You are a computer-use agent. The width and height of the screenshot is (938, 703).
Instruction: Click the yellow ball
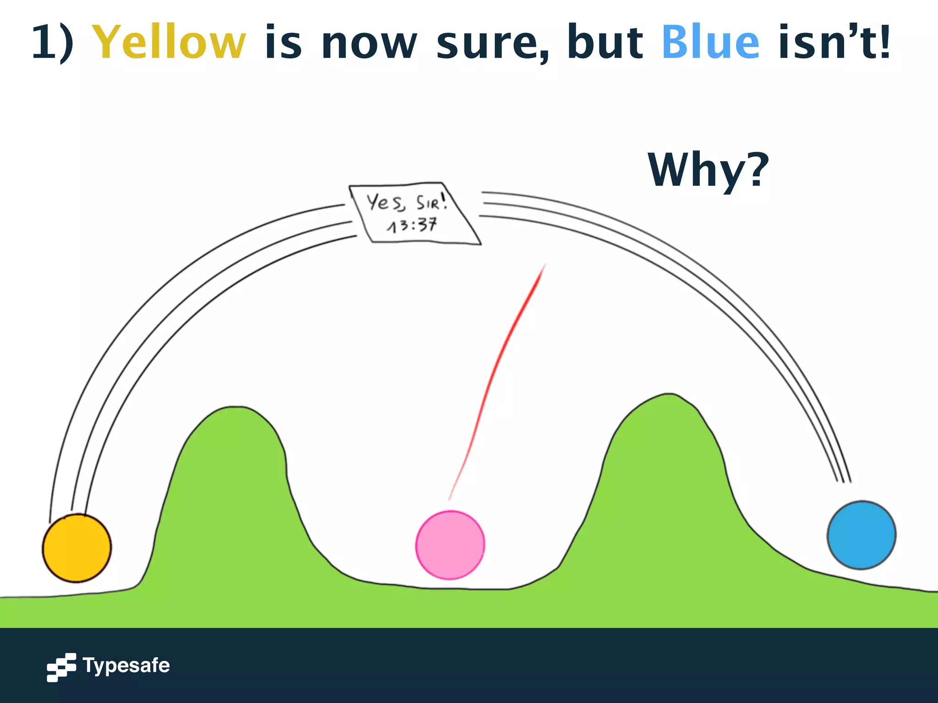pyautogui.click(x=77, y=548)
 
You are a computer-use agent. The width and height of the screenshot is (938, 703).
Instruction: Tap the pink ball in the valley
pyautogui.click(x=450, y=545)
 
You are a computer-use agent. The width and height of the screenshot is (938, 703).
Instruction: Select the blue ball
pyautogui.click(x=861, y=535)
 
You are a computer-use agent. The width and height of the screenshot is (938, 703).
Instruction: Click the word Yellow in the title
pyautogui.click(x=169, y=42)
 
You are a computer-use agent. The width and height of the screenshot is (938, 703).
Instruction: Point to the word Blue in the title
pyautogui.click(x=710, y=42)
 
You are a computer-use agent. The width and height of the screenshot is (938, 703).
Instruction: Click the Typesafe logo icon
pyautogui.click(x=61, y=667)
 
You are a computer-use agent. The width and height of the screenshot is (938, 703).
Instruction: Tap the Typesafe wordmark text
pyautogui.click(x=126, y=665)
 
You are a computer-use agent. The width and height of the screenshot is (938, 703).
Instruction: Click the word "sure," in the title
pyautogui.click(x=493, y=43)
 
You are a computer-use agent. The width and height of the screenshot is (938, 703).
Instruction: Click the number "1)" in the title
pyautogui.click(x=53, y=42)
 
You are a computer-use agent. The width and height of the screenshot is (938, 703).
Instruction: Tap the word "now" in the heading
pyautogui.click(x=369, y=44)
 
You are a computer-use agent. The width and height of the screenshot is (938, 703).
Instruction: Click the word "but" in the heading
pyautogui.click(x=605, y=42)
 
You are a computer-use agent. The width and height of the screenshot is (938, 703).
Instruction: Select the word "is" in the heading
pyautogui.click(x=283, y=42)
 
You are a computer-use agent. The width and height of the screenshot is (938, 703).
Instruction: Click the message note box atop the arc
pyautogui.click(x=414, y=213)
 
